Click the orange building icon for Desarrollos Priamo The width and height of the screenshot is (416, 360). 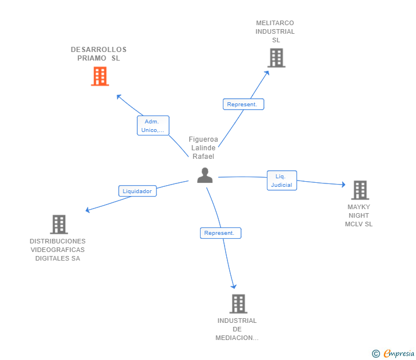[100, 76]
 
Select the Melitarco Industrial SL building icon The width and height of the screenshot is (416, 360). [276, 58]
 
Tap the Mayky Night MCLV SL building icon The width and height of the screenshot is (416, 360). [359, 190]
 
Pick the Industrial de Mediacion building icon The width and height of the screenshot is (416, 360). [238, 303]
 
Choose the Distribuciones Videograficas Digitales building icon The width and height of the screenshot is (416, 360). [59, 225]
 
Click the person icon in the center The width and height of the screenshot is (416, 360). [205, 175]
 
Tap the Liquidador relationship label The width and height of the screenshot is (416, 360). [137, 191]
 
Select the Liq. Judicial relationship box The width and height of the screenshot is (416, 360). [282, 181]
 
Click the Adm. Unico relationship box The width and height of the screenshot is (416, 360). [153, 126]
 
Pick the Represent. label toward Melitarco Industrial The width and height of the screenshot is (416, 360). [243, 104]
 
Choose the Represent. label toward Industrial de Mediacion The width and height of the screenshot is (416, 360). [221, 233]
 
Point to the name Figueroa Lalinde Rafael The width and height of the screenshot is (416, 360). [203, 147]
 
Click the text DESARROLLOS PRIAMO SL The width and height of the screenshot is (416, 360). [99, 54]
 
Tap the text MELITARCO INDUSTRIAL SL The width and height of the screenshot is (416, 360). [275, 31]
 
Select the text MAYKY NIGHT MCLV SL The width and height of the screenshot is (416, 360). [359, 215]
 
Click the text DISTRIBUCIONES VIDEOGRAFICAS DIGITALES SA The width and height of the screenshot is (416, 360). [58, 250]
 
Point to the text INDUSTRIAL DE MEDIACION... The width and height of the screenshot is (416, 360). [237, 329]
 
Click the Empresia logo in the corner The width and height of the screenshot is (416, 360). [394, 354]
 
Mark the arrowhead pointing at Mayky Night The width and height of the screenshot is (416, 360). [343, 185]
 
